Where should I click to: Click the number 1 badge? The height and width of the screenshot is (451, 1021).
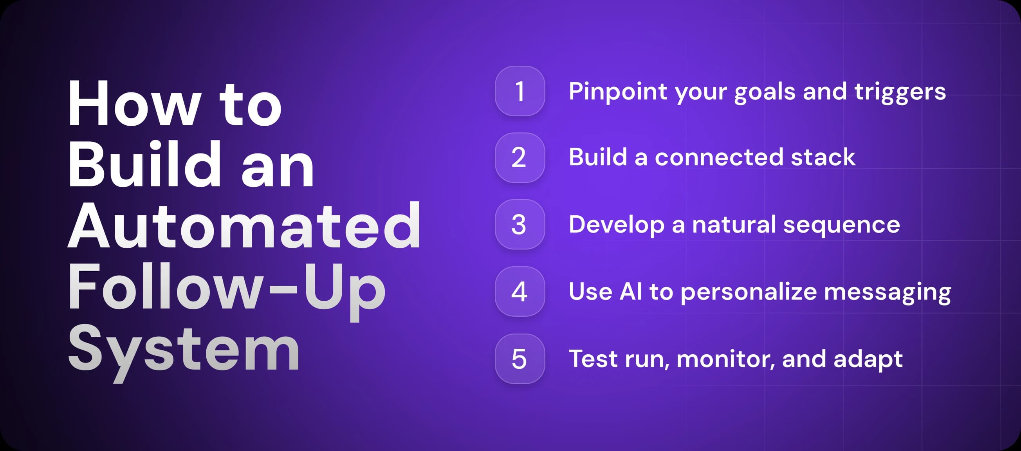[520, 91]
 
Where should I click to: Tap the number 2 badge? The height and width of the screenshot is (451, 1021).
[520, 158]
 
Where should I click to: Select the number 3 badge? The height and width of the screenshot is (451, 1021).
[520, 225]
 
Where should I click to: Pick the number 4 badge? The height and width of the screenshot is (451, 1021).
[520, 292]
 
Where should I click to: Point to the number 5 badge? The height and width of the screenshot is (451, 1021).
[520, 359]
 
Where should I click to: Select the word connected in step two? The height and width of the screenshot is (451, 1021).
[719, 157]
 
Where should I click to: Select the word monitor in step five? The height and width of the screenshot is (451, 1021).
[726, 359]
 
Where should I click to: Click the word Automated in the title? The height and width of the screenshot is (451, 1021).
[244, 226]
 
